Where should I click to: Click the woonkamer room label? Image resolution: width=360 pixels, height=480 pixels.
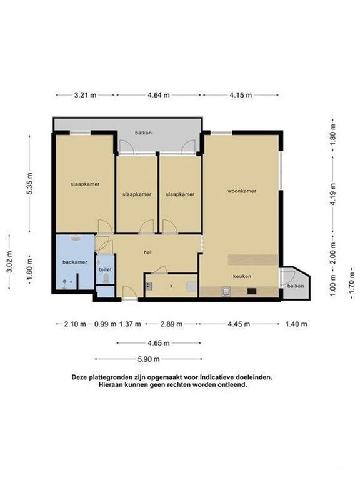pyautogui.click(x=242, y=191)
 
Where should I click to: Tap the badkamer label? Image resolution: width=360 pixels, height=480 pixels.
pyautogui.click(x=75, y=262)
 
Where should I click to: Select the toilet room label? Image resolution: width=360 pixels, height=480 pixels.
pyautogui.click(x=105, y=270)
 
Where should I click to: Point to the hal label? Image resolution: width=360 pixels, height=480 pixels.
pyautogui.click(x=148, y=252)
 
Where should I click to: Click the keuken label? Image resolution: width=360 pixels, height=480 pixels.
pyautogui.click(x=242, y=276)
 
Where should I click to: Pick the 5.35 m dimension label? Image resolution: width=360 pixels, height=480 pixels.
pyautogui.click(x=29, y=183)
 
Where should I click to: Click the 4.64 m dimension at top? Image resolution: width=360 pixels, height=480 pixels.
pyautogui.click(x=159, y=95)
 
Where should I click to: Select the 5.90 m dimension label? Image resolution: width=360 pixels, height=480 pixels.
pyautogui.click(x=149, y=359)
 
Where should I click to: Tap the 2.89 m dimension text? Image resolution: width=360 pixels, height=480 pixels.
pyautogui.click(x=171, y=324)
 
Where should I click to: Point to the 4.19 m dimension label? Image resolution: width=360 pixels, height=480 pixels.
pyautogui.click(x=333, y=194)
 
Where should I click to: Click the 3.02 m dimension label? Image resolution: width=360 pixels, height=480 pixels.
pyautogui.click(x=9, y=262)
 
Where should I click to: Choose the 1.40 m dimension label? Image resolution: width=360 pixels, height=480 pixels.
pyautogui.click(x=296, y=324)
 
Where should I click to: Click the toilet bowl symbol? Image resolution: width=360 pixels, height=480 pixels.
pyautogui.click(x=106, y=279)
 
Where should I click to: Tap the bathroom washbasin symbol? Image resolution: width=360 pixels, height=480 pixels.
pyautogui.click(x=75, y=238)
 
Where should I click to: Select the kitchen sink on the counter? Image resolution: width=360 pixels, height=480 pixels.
pyautogui.click(x=226, y=291)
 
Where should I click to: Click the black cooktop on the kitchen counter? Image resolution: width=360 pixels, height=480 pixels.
pyautogui.click(x=252, y=291)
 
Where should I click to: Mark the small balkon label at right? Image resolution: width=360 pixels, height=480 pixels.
pyautogui.click(x=296, y=286)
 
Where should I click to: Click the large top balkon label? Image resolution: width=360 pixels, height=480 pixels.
pyautogui.click(x=143, y=133)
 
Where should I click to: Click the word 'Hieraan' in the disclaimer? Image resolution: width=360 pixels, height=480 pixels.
pyautogui.click(x=111, y=385)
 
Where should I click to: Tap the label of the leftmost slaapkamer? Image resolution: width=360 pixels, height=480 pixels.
pyautogui.click(x=85, y=184)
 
